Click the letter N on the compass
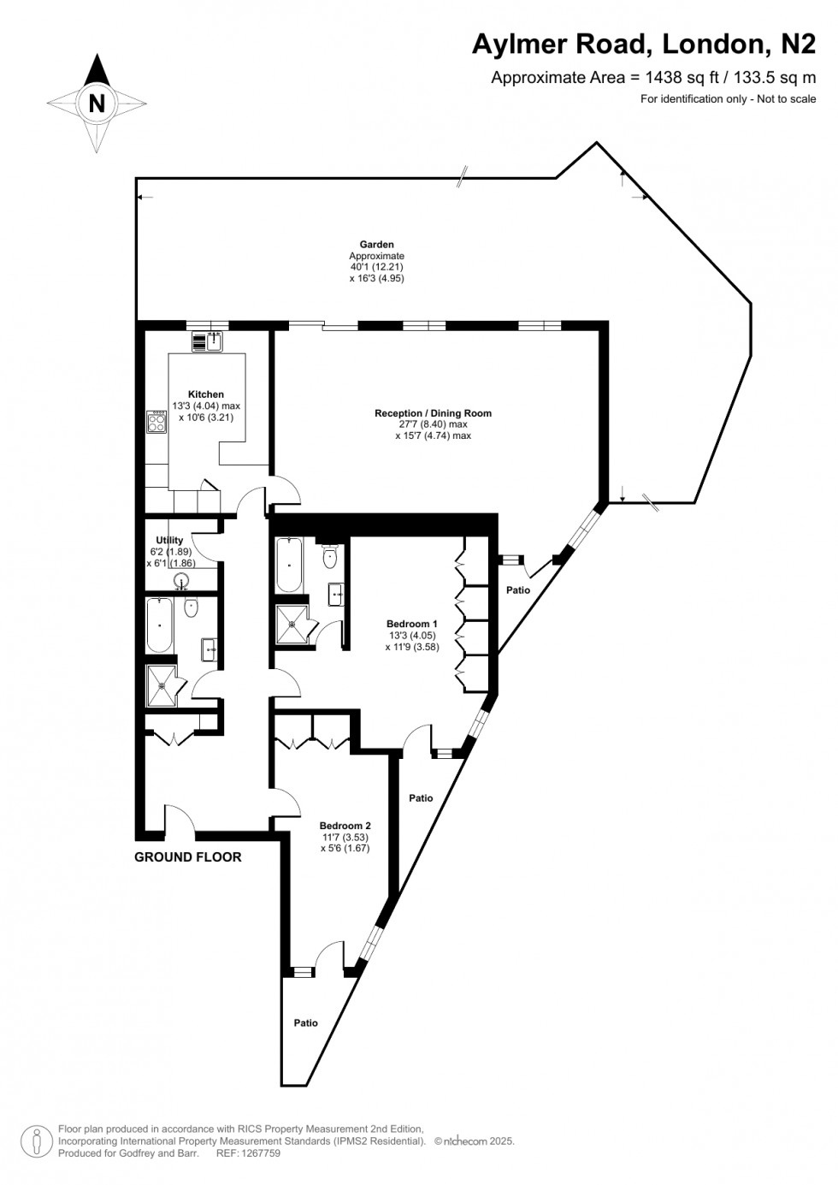tap(97, 103)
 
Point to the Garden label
tap(376, 245)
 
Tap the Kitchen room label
tap(206, 394)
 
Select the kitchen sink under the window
tap(207, 341)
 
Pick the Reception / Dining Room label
tap(433, 413)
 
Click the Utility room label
tap(169, 540)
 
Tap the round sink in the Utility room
tap(181, 582)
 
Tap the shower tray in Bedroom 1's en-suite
tap(292, 624)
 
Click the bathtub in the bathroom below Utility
tap(160, 626)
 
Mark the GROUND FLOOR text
tap(188, 857)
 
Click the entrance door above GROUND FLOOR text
tap(180, 821)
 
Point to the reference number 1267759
tap(261, 1153)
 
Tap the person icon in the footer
tap(38, 1141)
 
